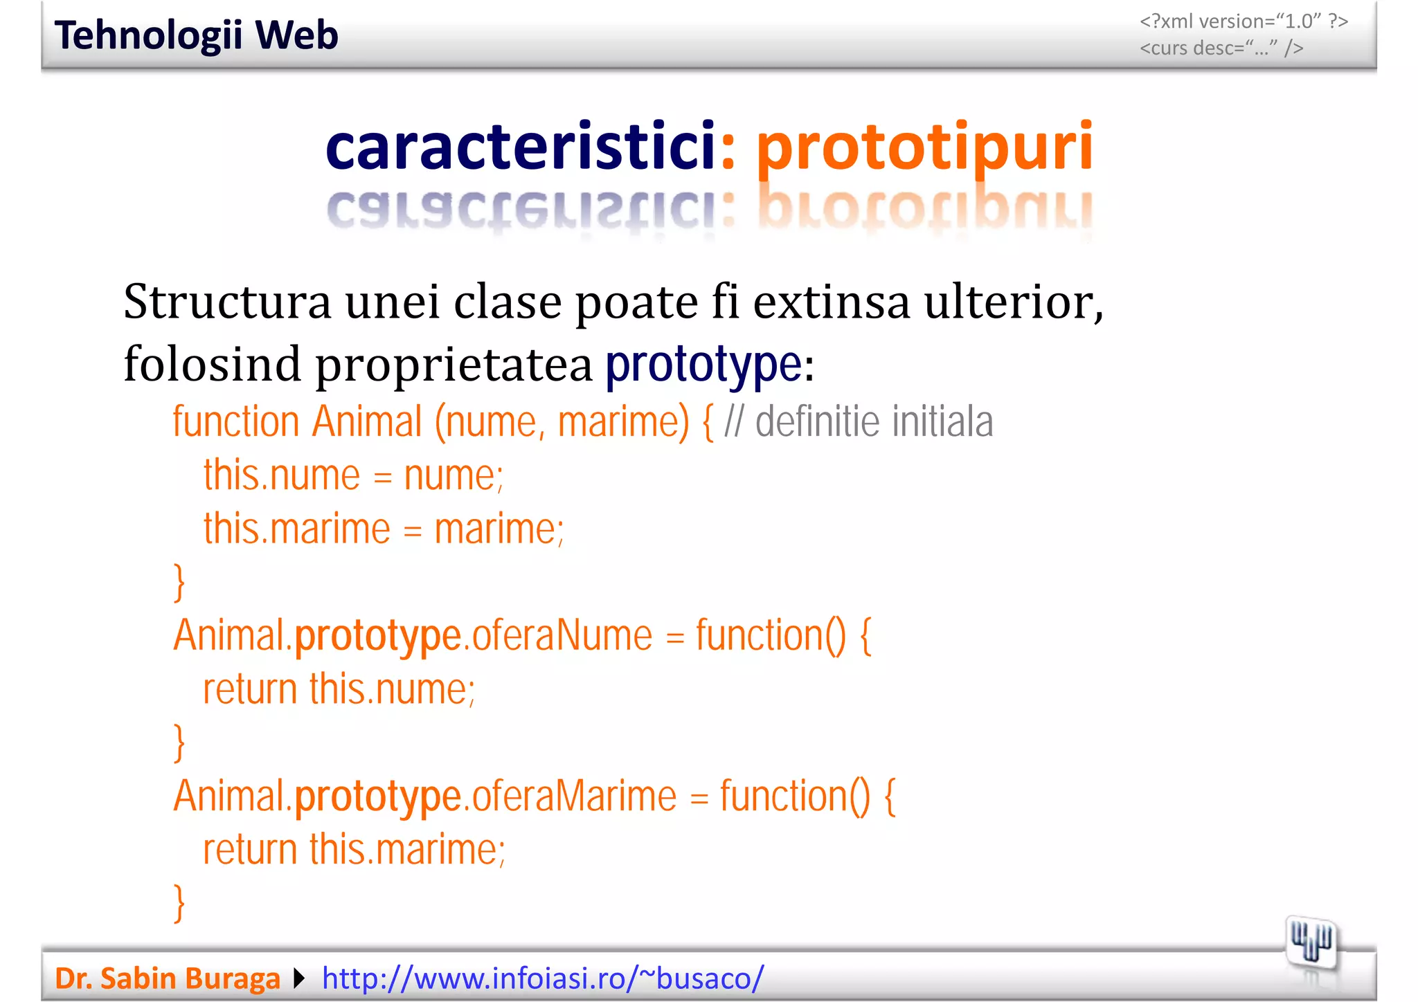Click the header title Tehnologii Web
[x=196, y=35]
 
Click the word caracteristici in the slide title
[x=520, y=147]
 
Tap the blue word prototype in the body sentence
[x=703, y=364]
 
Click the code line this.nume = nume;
[x=353, y=475]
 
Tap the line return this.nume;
[x=339, y=689]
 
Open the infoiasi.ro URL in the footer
[x=543, y=978]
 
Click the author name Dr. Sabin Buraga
[x=167, y=978]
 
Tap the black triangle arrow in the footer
[x=299, y=978]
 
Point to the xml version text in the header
[x=1244, y=21]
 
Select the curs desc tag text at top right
[x=1221, y=48]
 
